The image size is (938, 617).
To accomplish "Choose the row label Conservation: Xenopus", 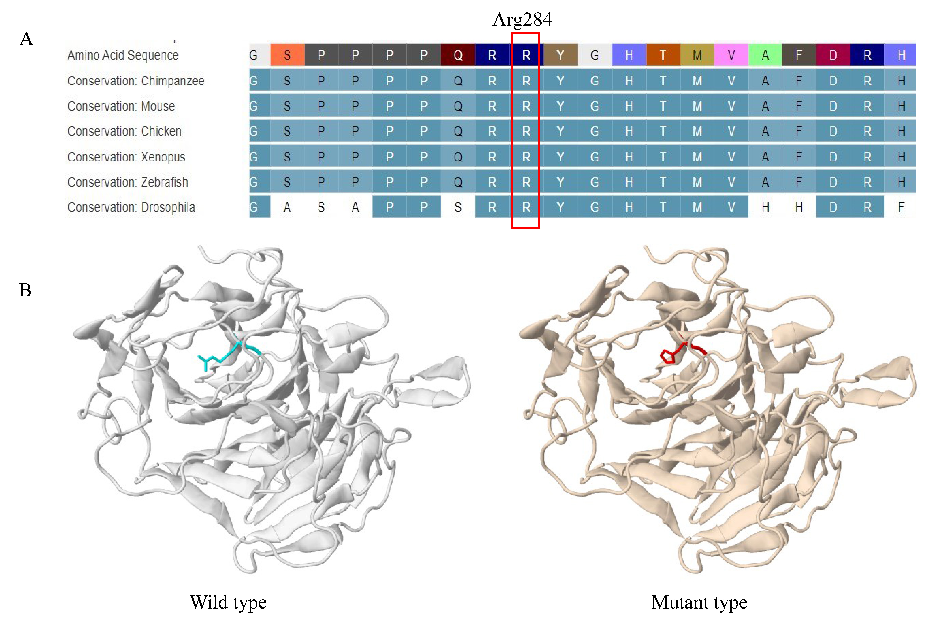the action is coord(126,157).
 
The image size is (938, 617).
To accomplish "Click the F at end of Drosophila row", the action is coord(901,207).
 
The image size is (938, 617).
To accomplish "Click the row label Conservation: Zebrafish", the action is coord(128,182).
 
